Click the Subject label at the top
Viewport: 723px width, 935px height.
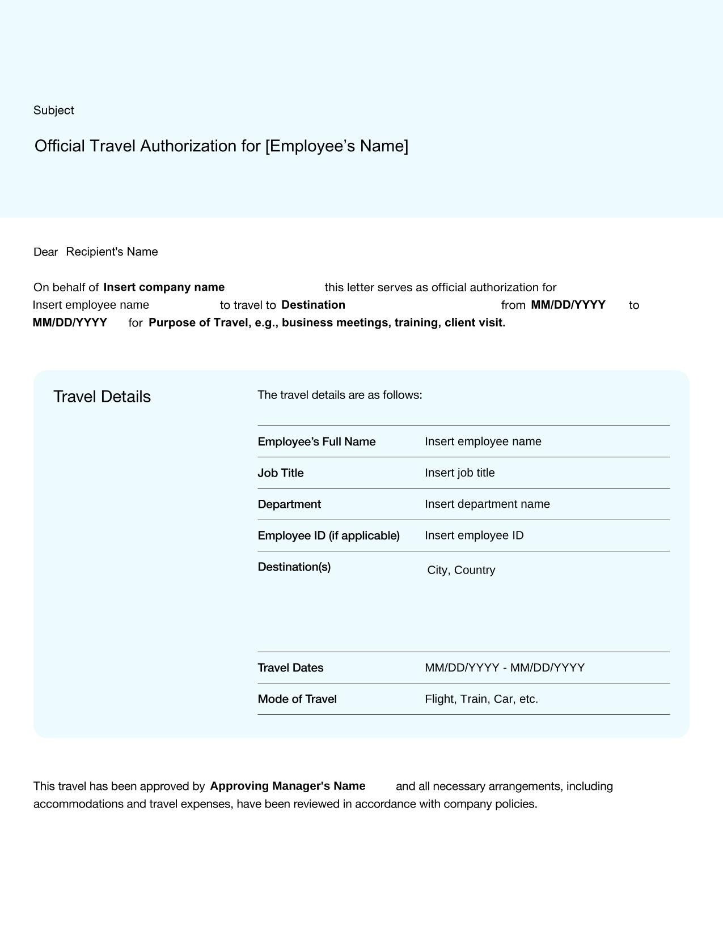tap(53, 110)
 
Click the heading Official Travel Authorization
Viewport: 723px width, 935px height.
tap(221, 146)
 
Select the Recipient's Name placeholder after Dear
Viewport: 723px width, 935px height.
tap(112, 252)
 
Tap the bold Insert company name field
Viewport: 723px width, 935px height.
tap(164, 287)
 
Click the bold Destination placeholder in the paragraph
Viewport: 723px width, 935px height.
tap(313, 305)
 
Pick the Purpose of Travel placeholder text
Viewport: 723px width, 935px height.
tap(327, 323)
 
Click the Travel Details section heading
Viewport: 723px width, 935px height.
tap(102, 397)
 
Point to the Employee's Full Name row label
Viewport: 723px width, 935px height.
tap(316, 442)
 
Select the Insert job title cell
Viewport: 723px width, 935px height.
tap(459, 473)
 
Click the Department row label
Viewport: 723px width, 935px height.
tap(289, 504)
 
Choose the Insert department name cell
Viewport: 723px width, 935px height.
tap(487, 504)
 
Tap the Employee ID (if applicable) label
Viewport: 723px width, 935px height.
tap(328, 536)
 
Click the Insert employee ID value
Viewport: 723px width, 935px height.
tap(474, 536)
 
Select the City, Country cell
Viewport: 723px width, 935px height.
tap(461, 571)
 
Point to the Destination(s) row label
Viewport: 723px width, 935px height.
tap(294, 567)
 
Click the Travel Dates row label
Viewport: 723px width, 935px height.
tap(290, 668)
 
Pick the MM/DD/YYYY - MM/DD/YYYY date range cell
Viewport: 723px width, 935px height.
tap(504, 668)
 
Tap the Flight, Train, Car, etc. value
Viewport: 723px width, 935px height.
tap(481, 699)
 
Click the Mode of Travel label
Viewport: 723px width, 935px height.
tap(297, 699)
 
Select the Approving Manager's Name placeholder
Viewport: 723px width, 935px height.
tap(287, 787)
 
